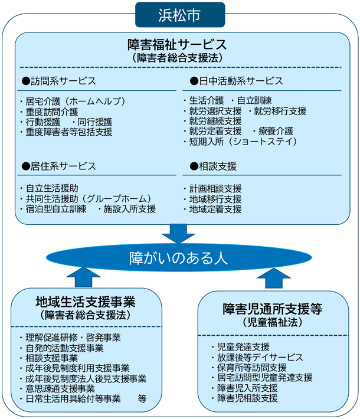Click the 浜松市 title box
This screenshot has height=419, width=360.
(179, 15)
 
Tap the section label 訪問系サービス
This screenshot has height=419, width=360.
(58, 80)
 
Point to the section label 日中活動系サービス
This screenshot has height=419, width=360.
(236, 80)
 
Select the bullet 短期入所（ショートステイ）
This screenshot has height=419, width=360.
(240, 142)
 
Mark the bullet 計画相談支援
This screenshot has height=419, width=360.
(216, 188)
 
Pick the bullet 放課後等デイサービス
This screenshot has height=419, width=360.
(260, 358)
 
